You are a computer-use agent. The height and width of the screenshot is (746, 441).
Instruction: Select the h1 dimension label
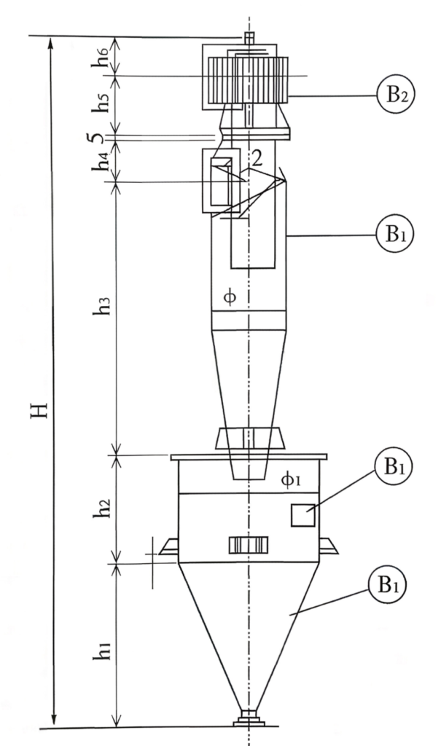(x=102, y=647)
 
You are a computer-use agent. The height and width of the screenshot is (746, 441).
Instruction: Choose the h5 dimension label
(x=102, y=101)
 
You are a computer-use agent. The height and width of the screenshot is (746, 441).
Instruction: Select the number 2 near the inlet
(x=257, y=159)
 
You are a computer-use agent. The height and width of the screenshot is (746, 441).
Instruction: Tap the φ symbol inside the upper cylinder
(x=230, y=298)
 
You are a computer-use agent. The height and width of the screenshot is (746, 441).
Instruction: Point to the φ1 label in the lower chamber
(x=291, y=479)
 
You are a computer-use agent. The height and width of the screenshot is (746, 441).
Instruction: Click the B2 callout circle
(x=395, y=95)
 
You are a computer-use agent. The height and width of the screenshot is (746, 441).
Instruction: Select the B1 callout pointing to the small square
(x=392, y=467)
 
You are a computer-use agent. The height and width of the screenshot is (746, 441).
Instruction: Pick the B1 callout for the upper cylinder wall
(x=395, y=234)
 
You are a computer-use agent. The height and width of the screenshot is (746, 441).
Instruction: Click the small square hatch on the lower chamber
(x=303, y=515)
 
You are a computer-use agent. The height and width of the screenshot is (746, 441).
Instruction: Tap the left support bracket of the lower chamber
(x=168, y=546)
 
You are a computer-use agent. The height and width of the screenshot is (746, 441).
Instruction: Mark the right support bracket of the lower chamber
(x=329, y=546)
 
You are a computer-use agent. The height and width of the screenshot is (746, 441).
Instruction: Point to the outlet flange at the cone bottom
(x=249, y=718)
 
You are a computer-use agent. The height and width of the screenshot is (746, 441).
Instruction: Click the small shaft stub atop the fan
(x=249, y=38)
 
